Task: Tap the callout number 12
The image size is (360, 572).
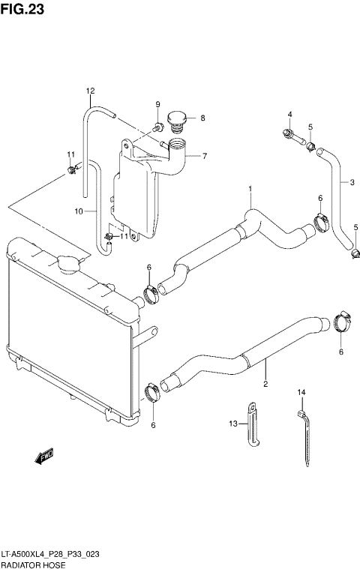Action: pyautogui.click(x=90, y=91)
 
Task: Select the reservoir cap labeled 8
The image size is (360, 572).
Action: pyautogui.click(x=177, y=119)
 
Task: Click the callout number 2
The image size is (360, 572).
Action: pyautogui.click(x=265, y=385)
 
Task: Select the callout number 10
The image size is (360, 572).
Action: pyautogui.click(x=77, y=211)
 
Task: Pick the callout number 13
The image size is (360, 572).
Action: pyautogui.click(x=233, y=424)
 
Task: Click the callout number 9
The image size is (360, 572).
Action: pyautogui.click(x=158, y=104)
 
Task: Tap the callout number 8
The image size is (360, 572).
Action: pyautogui.click(x=202, y=118)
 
